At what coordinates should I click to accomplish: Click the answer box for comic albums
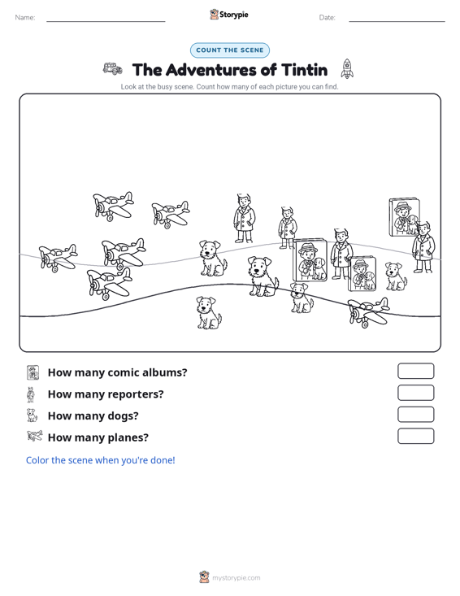(415, 371)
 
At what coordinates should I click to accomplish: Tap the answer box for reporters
(415, 393)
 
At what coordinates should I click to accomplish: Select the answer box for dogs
(415, 415)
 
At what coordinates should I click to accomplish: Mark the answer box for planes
(415, 436)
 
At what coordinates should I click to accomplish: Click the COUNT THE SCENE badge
(230, 50)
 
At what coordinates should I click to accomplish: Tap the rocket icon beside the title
(347, 69)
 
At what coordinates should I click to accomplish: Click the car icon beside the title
(113, 69)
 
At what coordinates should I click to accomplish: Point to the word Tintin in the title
(304, 70)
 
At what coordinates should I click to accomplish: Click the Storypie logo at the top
(229, 15)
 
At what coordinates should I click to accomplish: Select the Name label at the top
(25, 18)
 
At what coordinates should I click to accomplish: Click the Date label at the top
(327, 18)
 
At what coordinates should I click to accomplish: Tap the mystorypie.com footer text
(236, 578)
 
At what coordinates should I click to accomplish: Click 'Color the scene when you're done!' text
(100, 460)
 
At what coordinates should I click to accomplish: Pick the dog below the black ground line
(209, 313)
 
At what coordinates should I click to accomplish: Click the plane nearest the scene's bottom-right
(368, 312)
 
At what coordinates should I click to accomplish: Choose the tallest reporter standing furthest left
(244, 218)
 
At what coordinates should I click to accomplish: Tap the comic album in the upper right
(405, 217)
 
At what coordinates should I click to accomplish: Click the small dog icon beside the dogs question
(32, 415)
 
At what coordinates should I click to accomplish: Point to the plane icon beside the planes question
(35, 436)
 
